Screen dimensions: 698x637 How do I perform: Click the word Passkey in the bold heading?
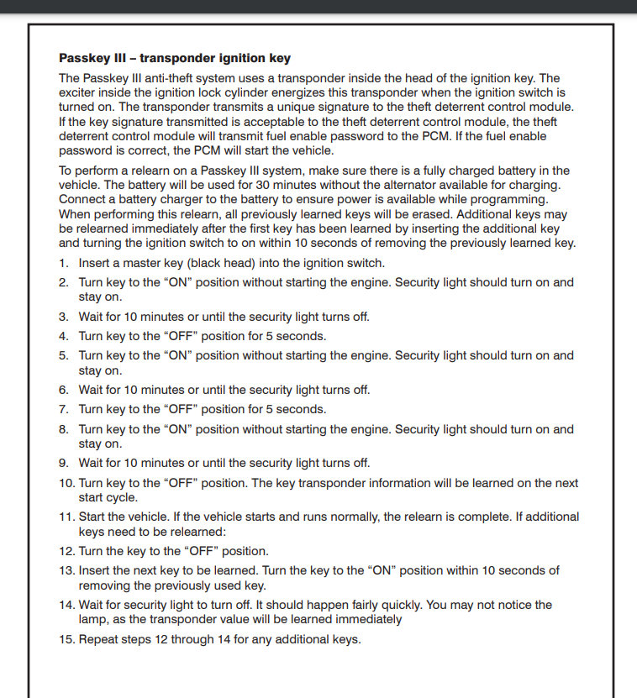click(84, 58)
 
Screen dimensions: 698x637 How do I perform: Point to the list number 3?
click(64, 317)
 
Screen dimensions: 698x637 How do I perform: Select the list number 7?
click(64, 409)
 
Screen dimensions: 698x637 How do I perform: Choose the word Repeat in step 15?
click(99, 639)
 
